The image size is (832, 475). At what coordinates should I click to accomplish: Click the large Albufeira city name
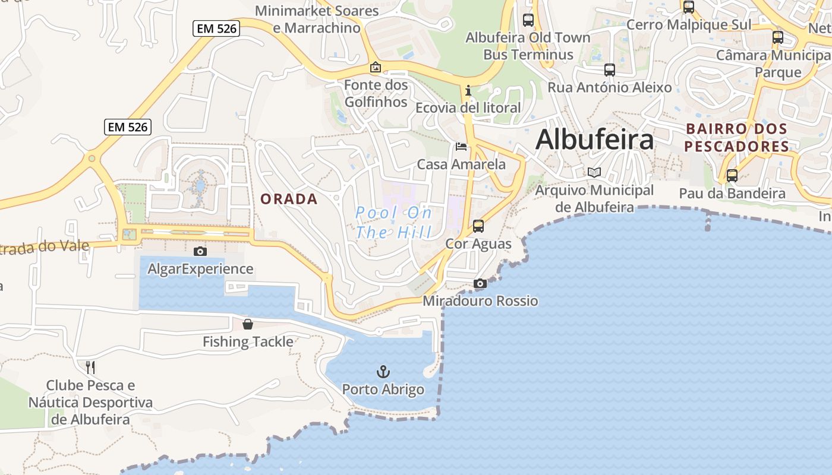point(594,140)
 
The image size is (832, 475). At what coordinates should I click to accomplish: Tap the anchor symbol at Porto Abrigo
point(383,372)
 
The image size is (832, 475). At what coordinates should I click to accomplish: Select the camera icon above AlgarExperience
point(200,251)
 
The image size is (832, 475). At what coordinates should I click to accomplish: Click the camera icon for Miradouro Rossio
point(480,284)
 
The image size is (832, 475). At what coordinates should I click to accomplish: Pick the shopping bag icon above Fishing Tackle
point(248,324)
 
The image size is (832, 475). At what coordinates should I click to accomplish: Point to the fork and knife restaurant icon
point(90,367)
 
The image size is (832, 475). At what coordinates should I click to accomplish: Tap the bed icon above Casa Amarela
point(461,147)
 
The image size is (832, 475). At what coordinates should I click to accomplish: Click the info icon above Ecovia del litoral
point(468,90)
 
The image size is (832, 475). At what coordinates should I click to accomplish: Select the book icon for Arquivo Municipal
point(594,173)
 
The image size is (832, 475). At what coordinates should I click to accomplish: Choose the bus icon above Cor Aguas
point(478,226)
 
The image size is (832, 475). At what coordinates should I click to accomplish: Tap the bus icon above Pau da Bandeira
point(732,176)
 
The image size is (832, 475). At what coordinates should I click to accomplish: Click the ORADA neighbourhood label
point(289,199)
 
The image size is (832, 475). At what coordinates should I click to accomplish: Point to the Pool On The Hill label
point(394,222)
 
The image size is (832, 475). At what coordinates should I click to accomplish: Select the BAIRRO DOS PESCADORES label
point(736,137)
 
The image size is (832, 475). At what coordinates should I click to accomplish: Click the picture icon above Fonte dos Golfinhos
point(375,68)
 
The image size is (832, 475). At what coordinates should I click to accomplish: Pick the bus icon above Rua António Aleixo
point(610,70)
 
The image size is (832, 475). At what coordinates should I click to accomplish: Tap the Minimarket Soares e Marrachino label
point(317,19)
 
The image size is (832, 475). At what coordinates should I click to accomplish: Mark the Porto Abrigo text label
point(383,390)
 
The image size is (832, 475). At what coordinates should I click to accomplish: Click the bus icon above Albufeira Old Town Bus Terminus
point(528,20)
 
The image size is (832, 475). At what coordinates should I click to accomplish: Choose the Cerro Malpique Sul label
point(689,24)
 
